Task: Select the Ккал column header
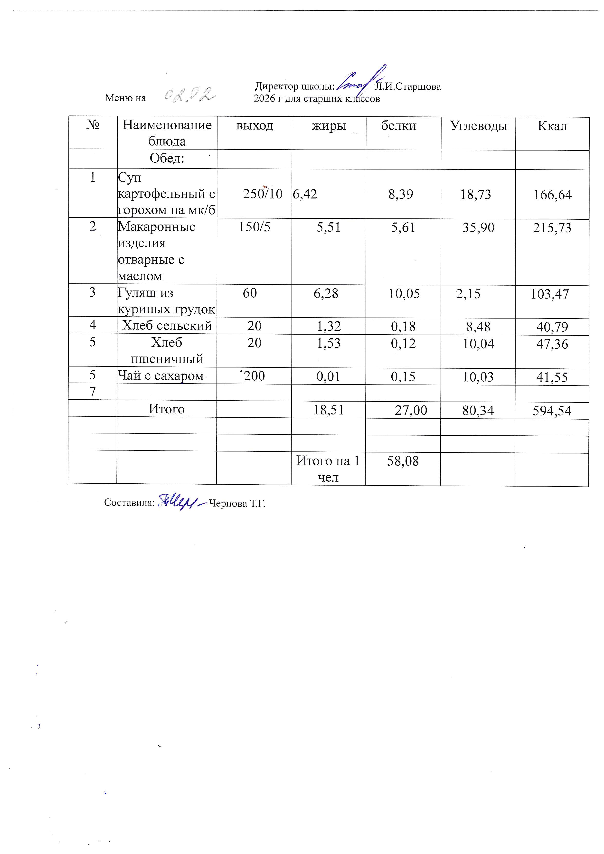point(552,126)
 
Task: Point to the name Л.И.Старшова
point(408,87)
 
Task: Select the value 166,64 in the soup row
point(552,195)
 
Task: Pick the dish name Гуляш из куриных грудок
point(166,301)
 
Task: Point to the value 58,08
point(403,461)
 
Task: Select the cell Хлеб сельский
point(167,326)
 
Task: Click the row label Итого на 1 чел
point(328,469)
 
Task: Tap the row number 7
point(93,392)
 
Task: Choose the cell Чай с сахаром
point(161,376)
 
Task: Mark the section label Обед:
point(167,159)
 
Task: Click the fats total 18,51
point(328,410)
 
